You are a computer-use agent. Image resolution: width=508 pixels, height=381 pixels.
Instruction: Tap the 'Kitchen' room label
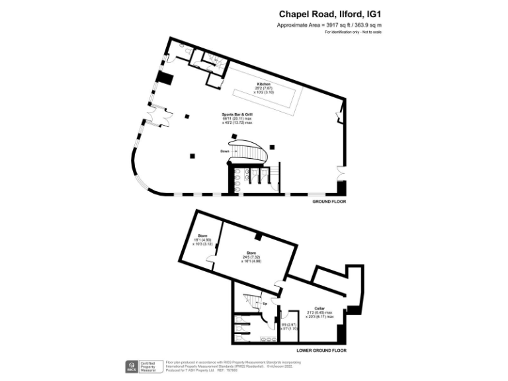pos(264,85)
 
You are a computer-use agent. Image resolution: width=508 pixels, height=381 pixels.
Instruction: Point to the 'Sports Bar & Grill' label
pos(237,114)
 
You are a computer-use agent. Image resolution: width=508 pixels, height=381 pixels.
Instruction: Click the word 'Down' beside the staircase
pos(225,151)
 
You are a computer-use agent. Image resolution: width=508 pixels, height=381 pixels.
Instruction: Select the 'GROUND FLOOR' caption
pos(329,201)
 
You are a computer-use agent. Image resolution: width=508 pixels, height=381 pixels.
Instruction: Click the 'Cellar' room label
pos(319,308)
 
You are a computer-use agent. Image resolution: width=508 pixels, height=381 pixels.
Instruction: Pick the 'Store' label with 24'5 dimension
pos(251,253)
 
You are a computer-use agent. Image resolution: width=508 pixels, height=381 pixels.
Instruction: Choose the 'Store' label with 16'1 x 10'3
pos(202,235)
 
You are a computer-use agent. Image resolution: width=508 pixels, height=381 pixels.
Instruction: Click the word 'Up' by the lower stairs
pos(266,304)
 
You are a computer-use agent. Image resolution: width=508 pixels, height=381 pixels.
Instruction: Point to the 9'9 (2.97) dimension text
pos(288,324)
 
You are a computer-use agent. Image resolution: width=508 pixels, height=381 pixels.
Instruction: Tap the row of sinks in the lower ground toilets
pos(268,340)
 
